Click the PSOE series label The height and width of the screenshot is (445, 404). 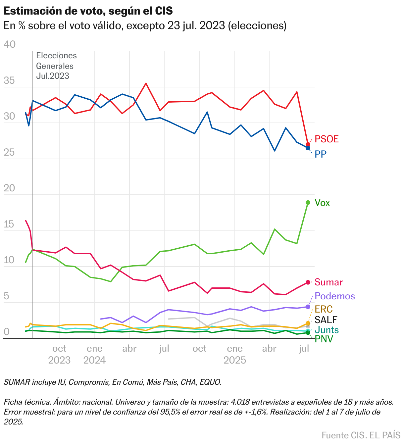click(327, 139)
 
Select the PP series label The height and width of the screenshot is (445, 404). click(321, 154)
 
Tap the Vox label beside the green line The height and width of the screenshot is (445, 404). click(322, 203)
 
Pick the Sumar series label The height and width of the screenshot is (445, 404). click(328, 282)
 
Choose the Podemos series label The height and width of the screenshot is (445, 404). click(334, 296)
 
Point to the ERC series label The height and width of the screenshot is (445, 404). click(324, 309)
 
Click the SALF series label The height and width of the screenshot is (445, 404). click(326, 320)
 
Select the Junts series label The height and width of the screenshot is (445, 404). click(327, 330)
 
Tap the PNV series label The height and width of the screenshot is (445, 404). click(324, 339)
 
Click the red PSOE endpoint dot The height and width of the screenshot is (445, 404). click(308, 144)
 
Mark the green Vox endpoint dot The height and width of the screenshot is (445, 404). click(308, 203)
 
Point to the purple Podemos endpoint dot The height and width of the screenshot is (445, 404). click(308, 307)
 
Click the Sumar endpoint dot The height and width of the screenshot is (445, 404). click(308, 282)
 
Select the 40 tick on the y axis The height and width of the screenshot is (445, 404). click(10, 44)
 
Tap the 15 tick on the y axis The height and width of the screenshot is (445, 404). click(9, 224)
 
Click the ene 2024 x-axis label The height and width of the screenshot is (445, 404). click(94, 354)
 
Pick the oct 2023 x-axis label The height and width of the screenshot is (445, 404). click(59, 354)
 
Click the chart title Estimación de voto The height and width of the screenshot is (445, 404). click(88, 11)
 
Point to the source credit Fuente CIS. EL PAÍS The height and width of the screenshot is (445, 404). click(361, 435)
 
